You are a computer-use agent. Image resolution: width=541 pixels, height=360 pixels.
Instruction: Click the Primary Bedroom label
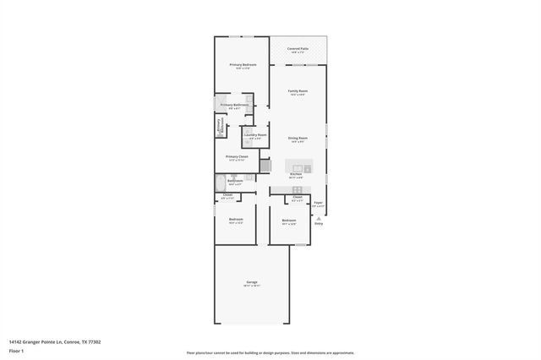click(243, 64)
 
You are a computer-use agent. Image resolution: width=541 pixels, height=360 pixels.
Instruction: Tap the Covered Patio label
click(298, 49)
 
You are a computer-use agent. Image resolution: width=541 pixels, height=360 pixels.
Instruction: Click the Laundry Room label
click(255, 135)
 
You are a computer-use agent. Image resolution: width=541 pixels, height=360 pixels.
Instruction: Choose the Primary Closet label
click(237, 156)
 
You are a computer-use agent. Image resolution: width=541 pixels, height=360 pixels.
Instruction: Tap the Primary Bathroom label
click(234, 105)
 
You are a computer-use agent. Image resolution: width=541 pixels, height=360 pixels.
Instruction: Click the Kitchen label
click(296, 175)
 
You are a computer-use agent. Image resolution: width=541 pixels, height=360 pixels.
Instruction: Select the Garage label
click(252, 281)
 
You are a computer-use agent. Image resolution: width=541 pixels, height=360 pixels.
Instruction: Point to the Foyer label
click(319, 203)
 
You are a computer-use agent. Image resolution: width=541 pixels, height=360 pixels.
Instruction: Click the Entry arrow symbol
click(319, 216)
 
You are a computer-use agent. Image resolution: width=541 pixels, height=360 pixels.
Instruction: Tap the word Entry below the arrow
click(319, 223)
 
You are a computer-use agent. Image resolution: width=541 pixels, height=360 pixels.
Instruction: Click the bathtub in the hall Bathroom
click(220, 182)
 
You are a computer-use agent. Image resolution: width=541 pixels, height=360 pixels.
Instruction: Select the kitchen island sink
click(298, 166)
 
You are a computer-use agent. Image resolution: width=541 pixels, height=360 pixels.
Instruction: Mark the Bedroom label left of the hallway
click(236, 220)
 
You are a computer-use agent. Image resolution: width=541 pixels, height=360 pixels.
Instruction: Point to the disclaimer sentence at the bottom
click(270, 352)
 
